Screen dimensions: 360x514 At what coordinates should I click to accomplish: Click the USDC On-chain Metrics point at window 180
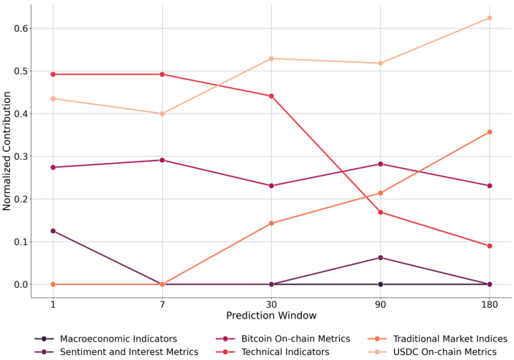click(x=489, y=18)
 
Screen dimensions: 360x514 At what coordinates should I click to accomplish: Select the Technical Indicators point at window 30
click(x=271, y=96)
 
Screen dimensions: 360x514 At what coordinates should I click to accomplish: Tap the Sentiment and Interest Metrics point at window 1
click(x=53, y=231)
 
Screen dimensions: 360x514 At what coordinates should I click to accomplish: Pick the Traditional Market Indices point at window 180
click(x=489, y=132)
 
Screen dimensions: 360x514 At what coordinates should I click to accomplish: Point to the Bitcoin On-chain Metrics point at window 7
click(x=162, y=160)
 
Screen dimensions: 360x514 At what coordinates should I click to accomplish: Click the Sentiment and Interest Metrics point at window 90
click(x=381, y=257)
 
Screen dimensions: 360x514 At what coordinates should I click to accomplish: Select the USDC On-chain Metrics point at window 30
click(x=271, y=59)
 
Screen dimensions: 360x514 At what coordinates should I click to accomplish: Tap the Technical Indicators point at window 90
click(x=381, y=212)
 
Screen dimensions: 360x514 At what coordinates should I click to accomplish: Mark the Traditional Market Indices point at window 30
click(x=271, y=224)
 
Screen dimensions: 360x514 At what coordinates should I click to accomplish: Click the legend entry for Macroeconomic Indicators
click(x=114, y=339)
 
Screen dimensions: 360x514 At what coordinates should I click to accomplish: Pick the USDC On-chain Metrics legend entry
click(x=449, y=351)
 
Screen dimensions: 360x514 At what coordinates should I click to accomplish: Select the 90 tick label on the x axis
click(x=381, y=305)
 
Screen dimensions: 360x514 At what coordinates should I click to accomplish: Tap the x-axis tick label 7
click(x=162, y=305)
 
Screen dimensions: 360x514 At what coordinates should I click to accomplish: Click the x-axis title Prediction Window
click(x=271, y=316)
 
